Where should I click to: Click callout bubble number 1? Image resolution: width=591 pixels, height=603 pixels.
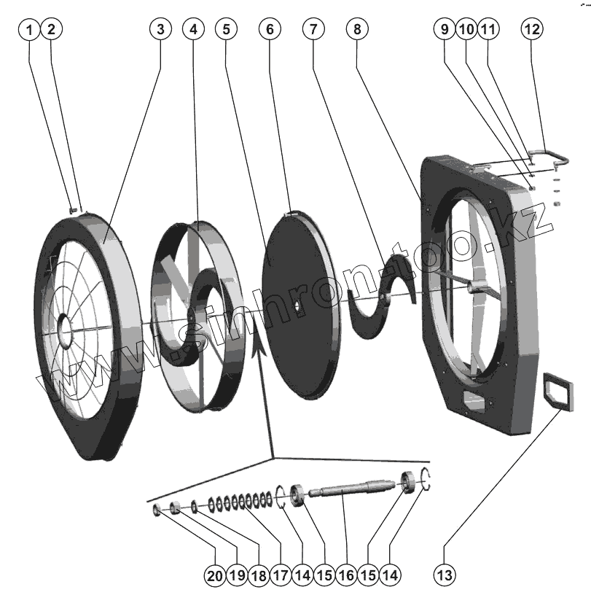(29, 29)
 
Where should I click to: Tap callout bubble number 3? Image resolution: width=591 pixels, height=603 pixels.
(160, 29)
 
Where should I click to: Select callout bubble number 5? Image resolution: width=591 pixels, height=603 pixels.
(227, 29)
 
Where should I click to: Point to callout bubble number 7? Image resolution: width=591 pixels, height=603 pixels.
(313, 29)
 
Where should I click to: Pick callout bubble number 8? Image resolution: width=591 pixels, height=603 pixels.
(357, 29)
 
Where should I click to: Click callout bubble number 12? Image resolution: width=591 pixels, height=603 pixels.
(532, 29)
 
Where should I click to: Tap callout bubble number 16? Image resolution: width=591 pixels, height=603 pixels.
(345, 575)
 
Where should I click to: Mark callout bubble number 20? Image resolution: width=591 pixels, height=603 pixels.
(214, 575)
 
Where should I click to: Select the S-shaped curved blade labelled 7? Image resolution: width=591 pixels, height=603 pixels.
(383, 295)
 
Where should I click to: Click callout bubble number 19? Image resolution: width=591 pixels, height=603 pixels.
(236, 575)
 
